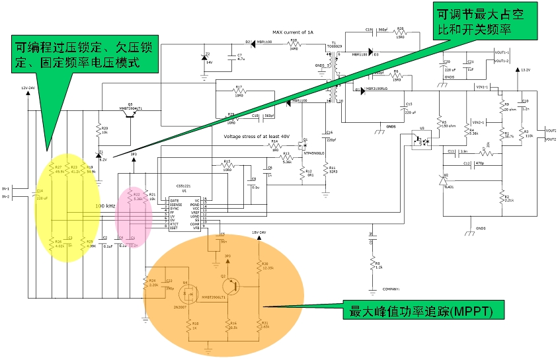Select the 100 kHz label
pyautogui.click(x=107, y=206)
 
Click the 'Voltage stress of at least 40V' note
pyautogui.click(x=256, y=136)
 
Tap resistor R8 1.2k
pyautogui.click(x=371, y=265)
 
